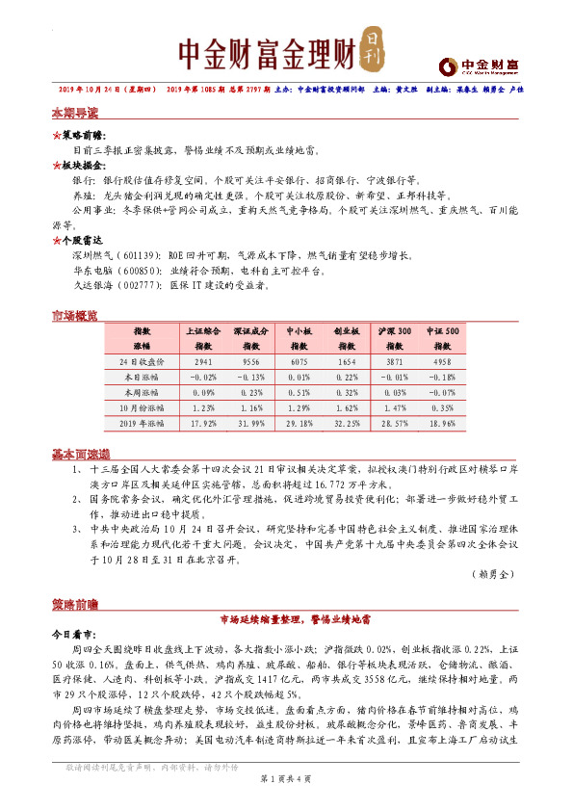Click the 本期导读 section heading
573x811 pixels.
point(74,113)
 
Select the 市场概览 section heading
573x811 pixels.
point(74,316)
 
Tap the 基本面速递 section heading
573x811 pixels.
point(80,454)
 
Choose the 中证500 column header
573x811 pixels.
point(442,330)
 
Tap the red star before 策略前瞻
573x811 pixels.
point(56,138)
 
